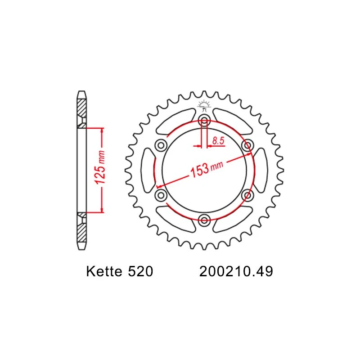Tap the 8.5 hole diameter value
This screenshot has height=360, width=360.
click(218, 141)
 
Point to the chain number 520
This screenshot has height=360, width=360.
click(140, 272)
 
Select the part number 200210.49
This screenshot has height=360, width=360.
click(235, 272)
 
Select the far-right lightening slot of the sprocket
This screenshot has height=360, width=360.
click(261, 170)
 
